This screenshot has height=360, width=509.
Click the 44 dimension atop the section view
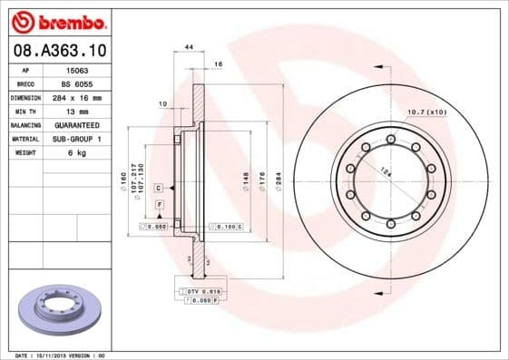189,45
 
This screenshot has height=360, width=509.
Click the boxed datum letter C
158,187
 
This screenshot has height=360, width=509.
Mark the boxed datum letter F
160,206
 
